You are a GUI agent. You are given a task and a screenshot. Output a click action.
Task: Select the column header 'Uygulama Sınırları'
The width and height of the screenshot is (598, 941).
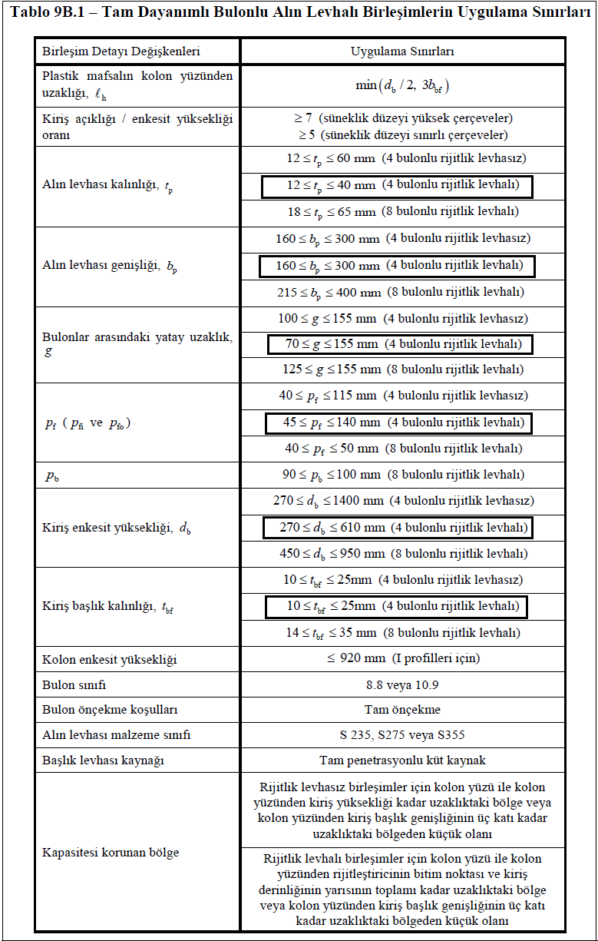click(402, 51)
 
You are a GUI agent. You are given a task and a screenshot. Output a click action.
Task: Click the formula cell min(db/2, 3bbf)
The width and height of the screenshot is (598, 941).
click(402, 84)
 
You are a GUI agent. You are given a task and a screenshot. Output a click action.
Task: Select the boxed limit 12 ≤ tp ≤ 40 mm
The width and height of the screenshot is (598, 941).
click(396, 186)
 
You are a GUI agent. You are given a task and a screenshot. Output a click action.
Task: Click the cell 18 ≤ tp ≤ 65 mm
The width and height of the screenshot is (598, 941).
click(402, 211)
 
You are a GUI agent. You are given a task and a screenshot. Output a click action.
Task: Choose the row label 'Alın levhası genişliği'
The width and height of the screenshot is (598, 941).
click(111, 266)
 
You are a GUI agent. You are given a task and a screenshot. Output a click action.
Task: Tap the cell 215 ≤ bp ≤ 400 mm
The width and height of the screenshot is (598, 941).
click(402, 292)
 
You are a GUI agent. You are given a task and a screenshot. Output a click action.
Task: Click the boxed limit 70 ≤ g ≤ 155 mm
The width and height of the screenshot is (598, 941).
click(399, 344)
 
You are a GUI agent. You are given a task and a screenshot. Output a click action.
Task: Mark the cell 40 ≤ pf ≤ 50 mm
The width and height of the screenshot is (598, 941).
click(402, 448)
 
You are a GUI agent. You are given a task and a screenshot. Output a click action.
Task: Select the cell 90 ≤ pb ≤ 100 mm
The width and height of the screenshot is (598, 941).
click(402, 474)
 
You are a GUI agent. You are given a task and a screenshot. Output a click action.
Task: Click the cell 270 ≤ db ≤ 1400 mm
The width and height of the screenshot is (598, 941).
click(402, 501)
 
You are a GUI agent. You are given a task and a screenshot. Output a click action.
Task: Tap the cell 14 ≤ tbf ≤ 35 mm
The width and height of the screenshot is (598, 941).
click(402, 633)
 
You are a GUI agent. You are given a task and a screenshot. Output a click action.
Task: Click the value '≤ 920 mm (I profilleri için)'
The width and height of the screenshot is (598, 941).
click(402, 659)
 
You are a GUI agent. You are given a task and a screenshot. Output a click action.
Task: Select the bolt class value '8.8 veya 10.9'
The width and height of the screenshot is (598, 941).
click(402, 684)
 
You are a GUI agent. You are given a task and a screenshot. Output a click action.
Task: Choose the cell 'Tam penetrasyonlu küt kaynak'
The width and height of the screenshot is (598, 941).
click(402, 760)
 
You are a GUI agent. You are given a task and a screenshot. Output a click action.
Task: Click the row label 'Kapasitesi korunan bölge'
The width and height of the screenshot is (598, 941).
click(111, 853)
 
